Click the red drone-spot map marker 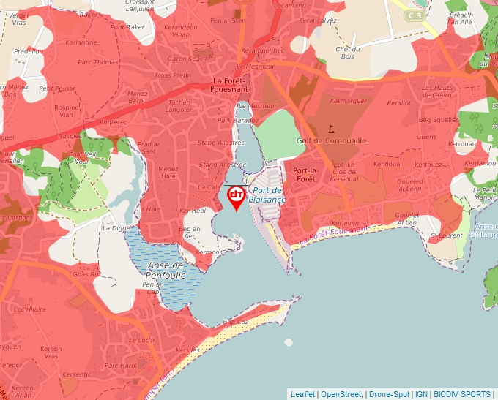(x=237, y=196)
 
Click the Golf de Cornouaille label (x=331, y=140)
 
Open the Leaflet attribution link (x=302, y=394)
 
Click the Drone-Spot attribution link (x=388, y=394)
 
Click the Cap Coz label (x=235, y=322)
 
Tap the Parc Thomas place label (x=97, y=62)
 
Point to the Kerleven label (x=345, y=223)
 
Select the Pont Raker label (x=127, y=27)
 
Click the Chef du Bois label (x=349, y=52)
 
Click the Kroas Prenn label (x=172, y=75)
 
